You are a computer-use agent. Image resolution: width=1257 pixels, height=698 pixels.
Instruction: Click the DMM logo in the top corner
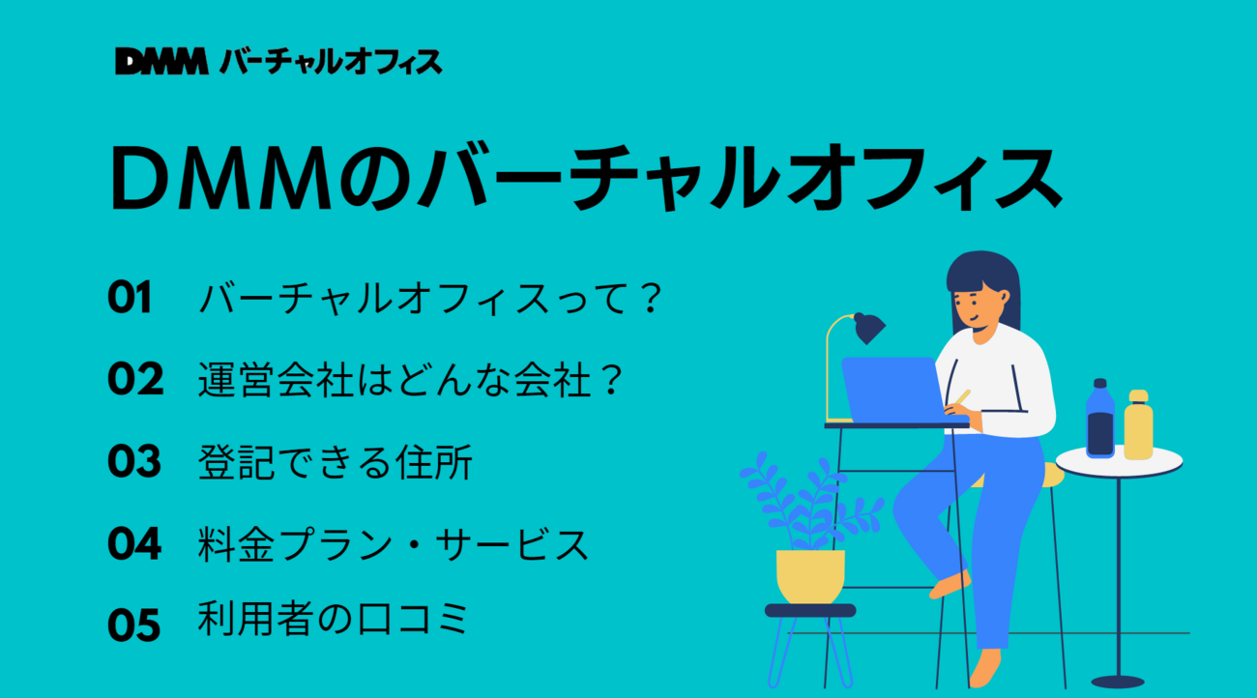click(161, 61)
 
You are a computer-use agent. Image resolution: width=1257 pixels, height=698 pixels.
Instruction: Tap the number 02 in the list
click(135, 379)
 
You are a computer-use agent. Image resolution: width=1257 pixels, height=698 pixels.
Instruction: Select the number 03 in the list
click(134, 460)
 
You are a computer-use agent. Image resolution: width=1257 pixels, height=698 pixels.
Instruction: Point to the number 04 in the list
click(134, 543)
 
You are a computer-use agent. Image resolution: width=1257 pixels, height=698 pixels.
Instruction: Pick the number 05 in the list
click(134, 625)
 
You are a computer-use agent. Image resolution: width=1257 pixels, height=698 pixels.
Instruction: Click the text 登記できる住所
click(335, 462)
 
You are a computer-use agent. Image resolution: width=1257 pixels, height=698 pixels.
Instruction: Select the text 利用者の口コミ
click(333, 619)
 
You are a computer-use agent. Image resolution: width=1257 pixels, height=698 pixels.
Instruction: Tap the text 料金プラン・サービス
click(393, 543)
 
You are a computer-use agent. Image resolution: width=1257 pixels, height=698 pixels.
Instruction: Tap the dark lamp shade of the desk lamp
click(868, 328)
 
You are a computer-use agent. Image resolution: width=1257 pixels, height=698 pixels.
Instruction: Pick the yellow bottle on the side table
click(1138, 424)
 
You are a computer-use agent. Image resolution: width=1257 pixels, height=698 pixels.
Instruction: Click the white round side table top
click(1119, 462)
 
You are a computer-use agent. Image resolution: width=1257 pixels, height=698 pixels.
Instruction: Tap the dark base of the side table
click(1117, 682)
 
